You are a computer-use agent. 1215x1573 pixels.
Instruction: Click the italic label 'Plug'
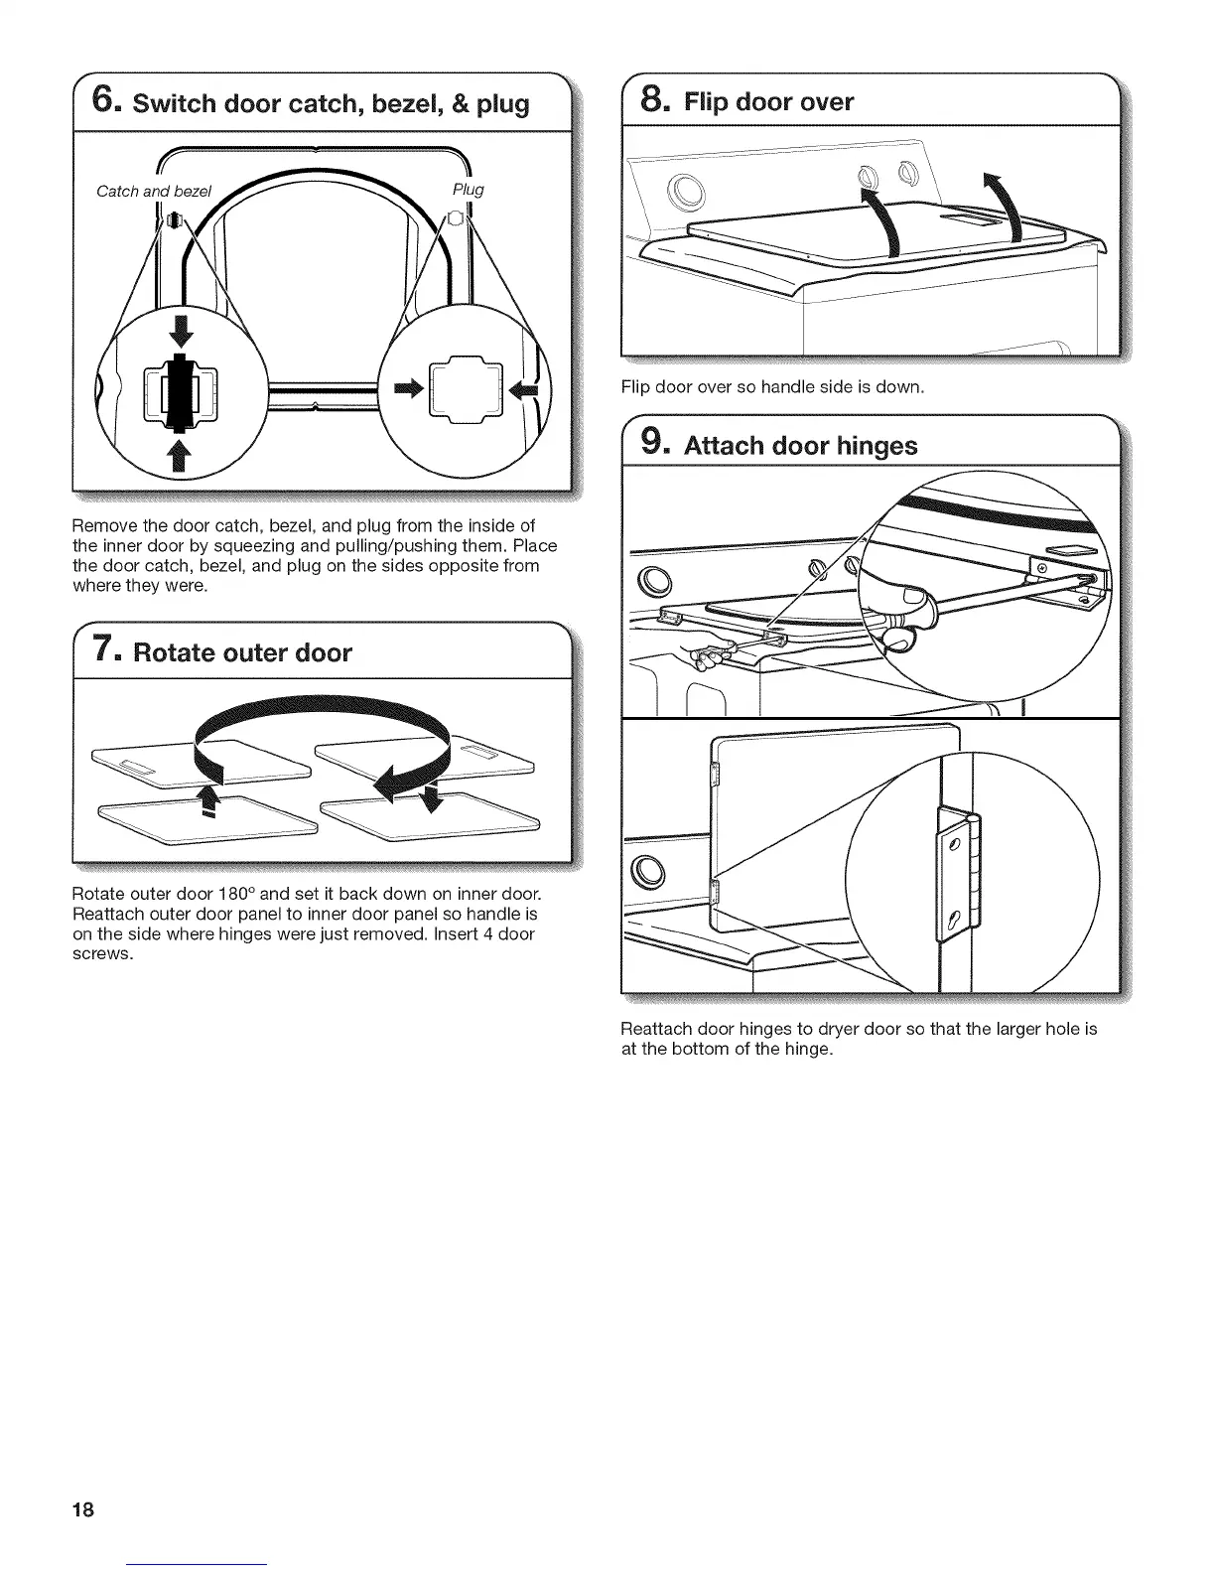click(x=468, y=189)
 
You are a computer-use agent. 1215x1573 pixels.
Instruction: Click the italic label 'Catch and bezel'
click(x=154, y=191)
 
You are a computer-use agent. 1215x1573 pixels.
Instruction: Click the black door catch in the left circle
click(x=180, y=390)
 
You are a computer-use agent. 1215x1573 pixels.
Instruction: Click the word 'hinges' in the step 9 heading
click(x=869, y=446)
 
